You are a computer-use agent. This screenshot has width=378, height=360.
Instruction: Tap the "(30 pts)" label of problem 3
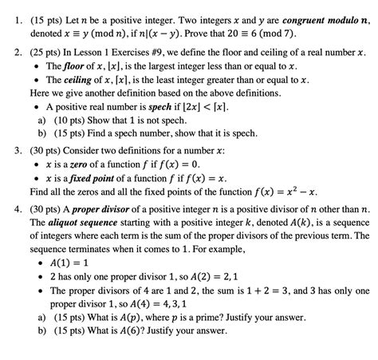click(41, 149)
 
